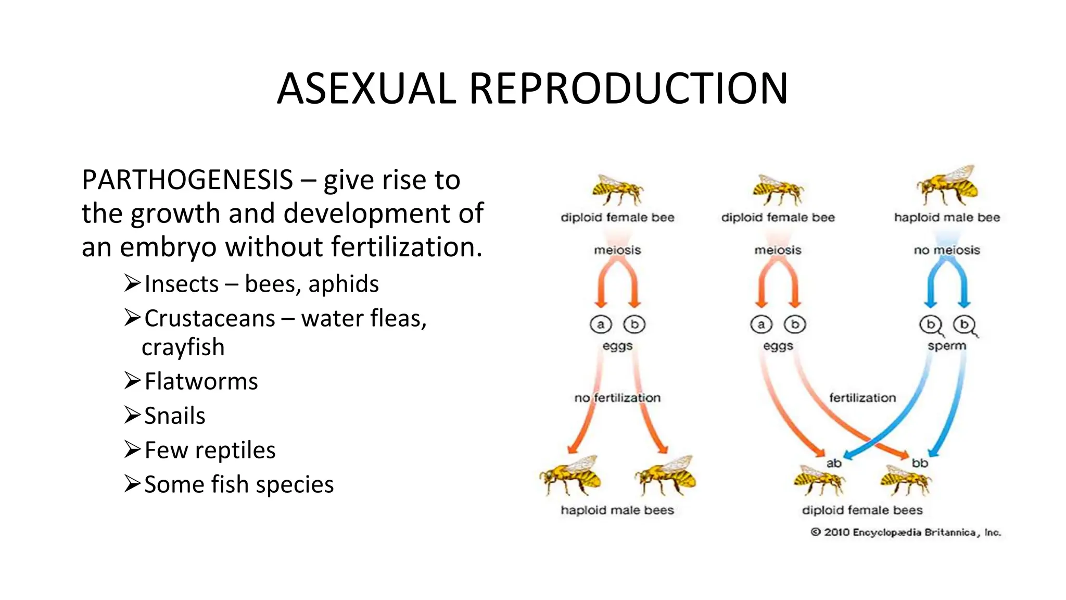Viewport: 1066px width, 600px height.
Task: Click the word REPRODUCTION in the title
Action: click(x=629, y=89)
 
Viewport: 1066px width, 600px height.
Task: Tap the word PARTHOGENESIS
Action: click(x=187, y=180)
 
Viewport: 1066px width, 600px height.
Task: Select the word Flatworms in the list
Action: click(x=201, y=382)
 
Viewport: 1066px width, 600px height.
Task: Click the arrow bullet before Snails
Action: click(x=132, y=415)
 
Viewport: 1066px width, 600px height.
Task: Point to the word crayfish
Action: click(x=183, y=347)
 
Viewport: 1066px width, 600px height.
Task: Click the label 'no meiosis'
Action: click(x=947, y=250)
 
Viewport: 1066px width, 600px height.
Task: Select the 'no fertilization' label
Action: click(x=617, y=398)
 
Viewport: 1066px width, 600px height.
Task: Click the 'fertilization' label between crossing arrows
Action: click(x=862, y=398)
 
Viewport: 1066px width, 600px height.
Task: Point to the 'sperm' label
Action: click(x=947, y=346)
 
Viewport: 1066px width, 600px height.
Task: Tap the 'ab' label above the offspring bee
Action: click(x=834, y=463)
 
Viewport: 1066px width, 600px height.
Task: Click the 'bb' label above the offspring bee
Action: click(x=920, y=463)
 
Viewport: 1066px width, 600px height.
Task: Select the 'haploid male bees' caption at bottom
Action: click(x=617, y=510)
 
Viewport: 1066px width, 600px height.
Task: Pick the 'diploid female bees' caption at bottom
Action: click(x=862, y=510)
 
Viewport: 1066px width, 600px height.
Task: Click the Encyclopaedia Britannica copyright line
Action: click(x=906, y=532)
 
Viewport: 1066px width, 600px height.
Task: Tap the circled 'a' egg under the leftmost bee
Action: click(x=601, y=324)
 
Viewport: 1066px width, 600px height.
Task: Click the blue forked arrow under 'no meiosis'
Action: click(x=947, y=284)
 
